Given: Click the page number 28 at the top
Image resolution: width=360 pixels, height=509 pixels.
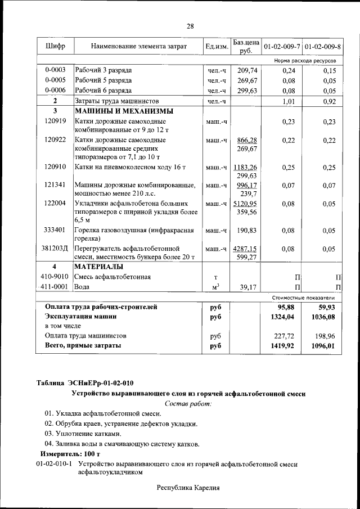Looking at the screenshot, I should pyautogui.click(x=190, y=26).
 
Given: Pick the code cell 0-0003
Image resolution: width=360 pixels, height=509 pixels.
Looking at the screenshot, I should pyautogui.click(x=55, y=70).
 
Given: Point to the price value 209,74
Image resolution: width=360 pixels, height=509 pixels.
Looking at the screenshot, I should pyautogui.click(x=247, y=70).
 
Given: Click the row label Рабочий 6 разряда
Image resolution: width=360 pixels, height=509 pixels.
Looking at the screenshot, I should pyautogui.click(x=103, y=91).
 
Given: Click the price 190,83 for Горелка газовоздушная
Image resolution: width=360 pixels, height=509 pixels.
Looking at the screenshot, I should pyautogui.click(x=247, y=230).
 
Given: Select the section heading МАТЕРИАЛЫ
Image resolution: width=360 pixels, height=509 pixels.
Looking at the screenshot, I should pyautogui.click(x=100, y=267).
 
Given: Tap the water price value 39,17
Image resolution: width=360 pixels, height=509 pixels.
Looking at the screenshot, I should pyautogui.click(x=247, y=287).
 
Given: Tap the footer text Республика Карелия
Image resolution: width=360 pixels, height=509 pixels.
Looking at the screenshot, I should pyautogui.click(x=187, y=488).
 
